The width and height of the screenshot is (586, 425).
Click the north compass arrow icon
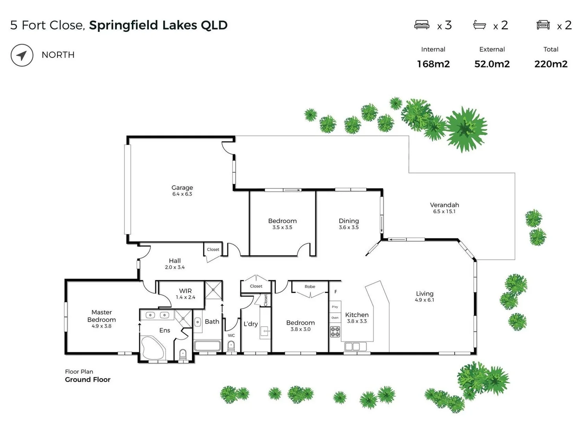(x=22, y=55)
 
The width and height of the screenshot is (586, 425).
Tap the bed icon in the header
(x=422, y=25)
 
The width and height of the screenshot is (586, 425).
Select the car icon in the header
(x=543, y=25)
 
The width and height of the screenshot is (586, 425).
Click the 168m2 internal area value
(x=433, y=64)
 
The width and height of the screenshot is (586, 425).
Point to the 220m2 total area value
(x=551, y=64)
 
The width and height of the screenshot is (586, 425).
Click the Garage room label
(x=182, y=188)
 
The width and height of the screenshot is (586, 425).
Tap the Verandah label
(x=444, y=205)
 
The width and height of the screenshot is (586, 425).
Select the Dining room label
(x=349, y=221)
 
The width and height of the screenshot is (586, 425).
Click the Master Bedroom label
(x=102, y=316)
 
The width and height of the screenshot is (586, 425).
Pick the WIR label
(x=185, y=291)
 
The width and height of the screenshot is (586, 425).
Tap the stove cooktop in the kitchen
(x=335, y=332)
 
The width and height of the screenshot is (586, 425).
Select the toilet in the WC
(x=231, y=346)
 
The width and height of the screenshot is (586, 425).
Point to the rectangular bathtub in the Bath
(x=207, y=346)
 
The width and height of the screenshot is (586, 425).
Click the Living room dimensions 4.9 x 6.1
(x=424, y=300)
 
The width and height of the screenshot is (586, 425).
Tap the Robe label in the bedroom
(x=310, y=286)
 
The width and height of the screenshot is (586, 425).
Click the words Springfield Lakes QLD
(x=158, y=25)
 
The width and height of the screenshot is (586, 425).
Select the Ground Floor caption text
(x=88, y=380)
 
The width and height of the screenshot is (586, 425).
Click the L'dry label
(x=250, y=324)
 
